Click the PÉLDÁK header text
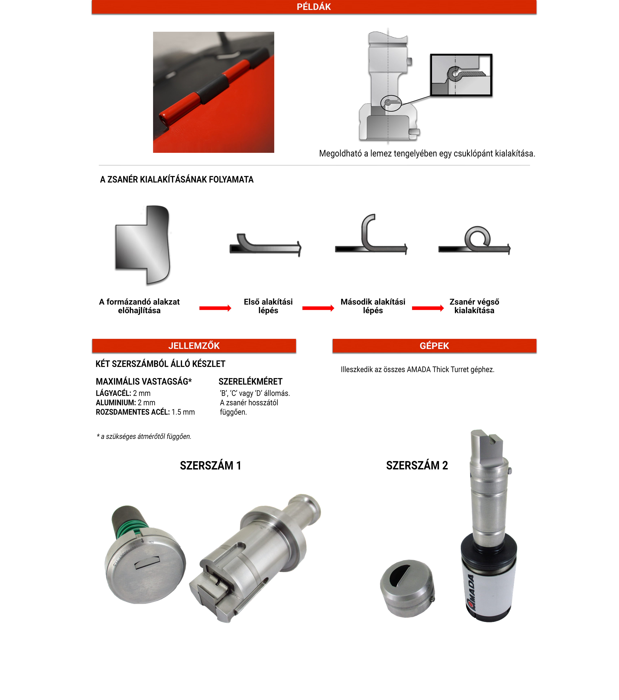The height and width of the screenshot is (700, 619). point(314,7)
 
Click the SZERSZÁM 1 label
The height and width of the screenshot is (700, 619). point(210,465)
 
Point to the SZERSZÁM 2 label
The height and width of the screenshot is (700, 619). point(417,465)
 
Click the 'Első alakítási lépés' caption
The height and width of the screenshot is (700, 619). point(268,306)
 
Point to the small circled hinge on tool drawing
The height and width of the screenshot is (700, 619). point(391,103)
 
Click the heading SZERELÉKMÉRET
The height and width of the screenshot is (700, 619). point(250,382)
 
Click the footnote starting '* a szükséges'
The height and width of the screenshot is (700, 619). point(144,436)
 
